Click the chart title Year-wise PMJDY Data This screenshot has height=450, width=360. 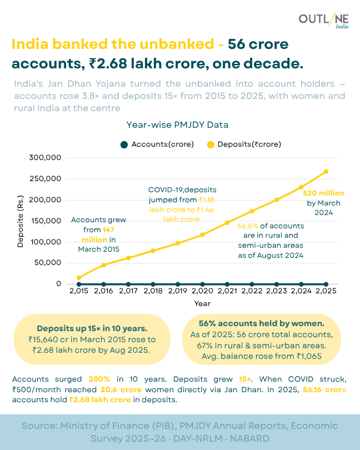177,125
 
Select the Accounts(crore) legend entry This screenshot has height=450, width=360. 157,144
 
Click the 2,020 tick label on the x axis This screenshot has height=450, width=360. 202,291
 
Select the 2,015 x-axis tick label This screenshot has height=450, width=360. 79,291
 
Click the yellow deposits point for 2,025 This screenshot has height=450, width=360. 326,172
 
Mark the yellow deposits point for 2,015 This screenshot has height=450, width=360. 79,278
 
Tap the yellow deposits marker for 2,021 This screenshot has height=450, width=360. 227,223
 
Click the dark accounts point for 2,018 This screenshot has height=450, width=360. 153,284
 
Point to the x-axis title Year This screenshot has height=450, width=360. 202,303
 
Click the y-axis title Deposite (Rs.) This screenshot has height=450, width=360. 21,221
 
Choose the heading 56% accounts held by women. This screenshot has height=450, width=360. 261,323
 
